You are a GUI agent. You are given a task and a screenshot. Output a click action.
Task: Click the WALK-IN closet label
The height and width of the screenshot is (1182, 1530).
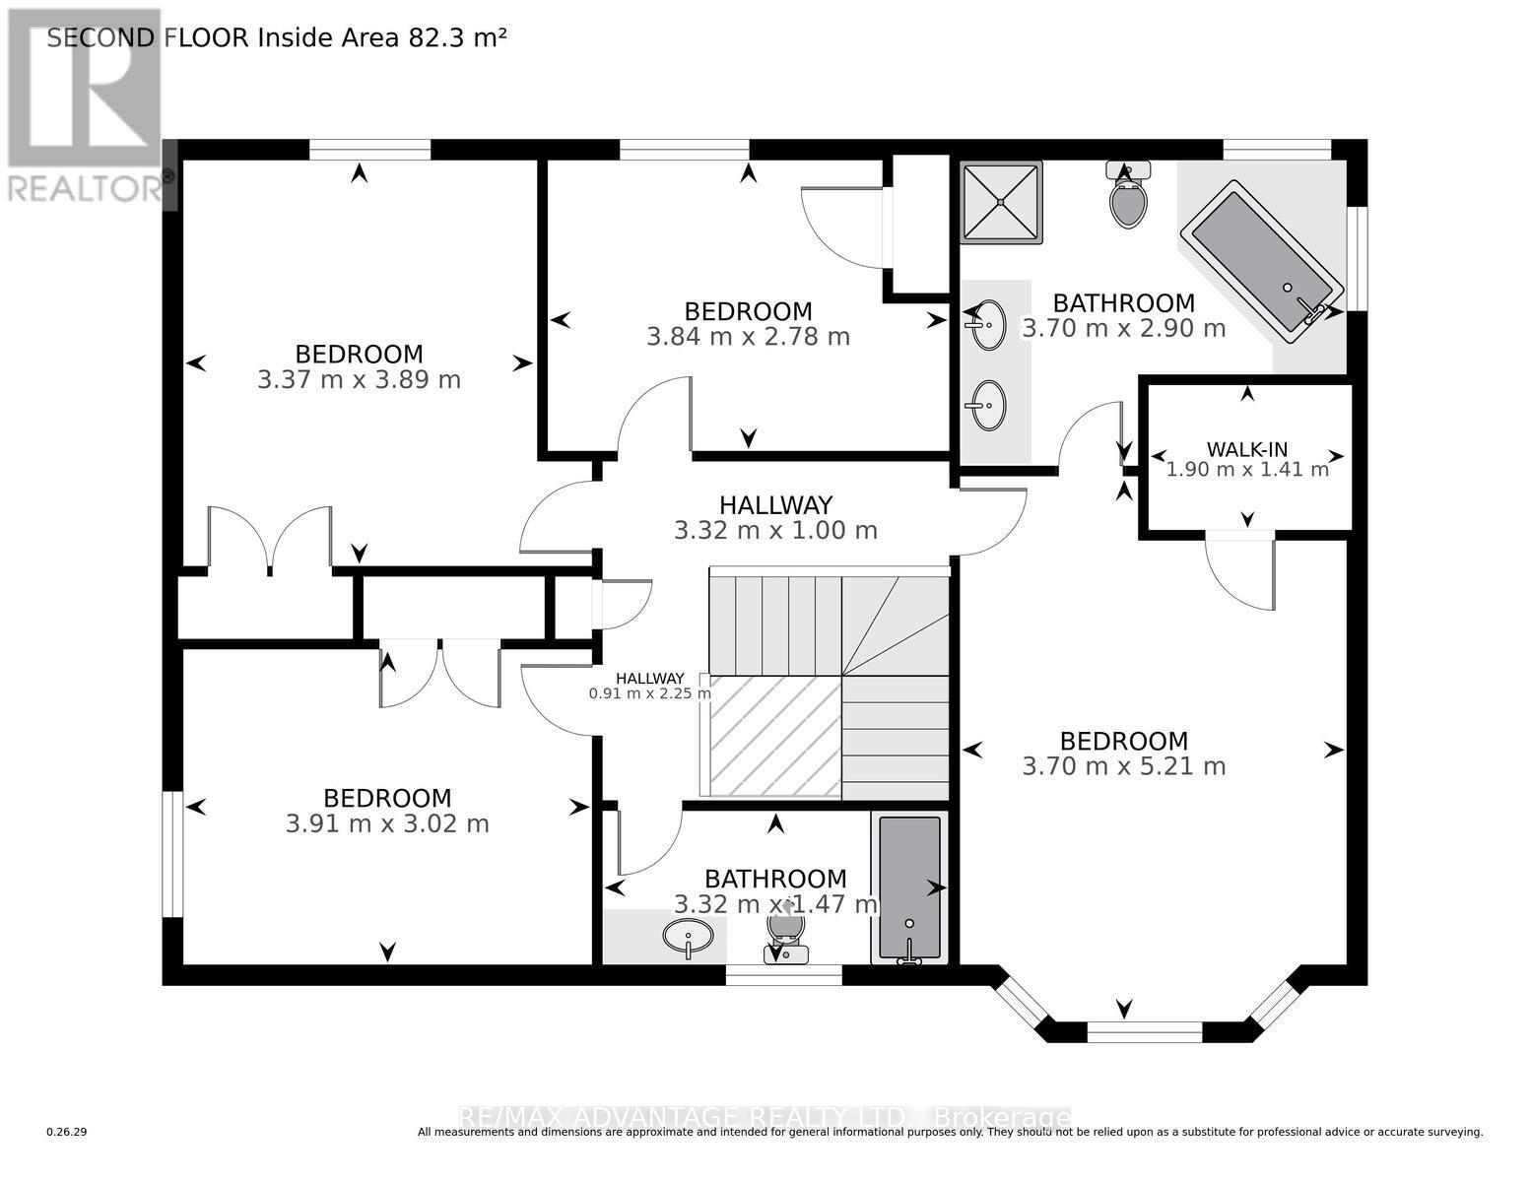(1247, 449)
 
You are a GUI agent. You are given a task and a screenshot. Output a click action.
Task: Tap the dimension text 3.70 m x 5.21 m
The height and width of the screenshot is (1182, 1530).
(1123, 766)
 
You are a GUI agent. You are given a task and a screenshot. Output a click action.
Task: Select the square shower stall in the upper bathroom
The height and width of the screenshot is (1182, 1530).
(1002, 202)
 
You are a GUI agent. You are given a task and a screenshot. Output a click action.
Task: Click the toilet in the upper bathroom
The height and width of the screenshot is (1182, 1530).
(1128, 196)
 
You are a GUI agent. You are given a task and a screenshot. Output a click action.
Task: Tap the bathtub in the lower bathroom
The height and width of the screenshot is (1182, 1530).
(908, 887)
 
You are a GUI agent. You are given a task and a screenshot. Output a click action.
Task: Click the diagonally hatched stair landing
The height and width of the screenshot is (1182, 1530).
(774, 736)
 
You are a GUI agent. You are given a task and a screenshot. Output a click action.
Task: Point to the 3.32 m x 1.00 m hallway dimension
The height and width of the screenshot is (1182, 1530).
(775, 531)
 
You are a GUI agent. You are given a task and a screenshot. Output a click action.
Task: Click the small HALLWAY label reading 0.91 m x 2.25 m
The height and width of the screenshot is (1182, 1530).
(649, 686)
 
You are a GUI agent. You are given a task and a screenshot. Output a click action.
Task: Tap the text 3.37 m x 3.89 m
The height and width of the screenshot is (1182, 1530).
(359, 380)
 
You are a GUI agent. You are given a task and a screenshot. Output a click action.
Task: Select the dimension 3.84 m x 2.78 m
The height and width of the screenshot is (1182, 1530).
(748, 337)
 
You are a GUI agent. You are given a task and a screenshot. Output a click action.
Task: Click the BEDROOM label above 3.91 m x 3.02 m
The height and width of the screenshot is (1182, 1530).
(387, 798)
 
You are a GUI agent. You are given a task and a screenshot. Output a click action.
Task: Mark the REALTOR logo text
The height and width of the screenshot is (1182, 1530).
(85, 188)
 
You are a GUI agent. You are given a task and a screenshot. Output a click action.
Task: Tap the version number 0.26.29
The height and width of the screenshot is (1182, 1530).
(67, 1133)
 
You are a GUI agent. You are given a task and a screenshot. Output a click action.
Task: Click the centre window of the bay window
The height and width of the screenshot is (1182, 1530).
(1144, 1032)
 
